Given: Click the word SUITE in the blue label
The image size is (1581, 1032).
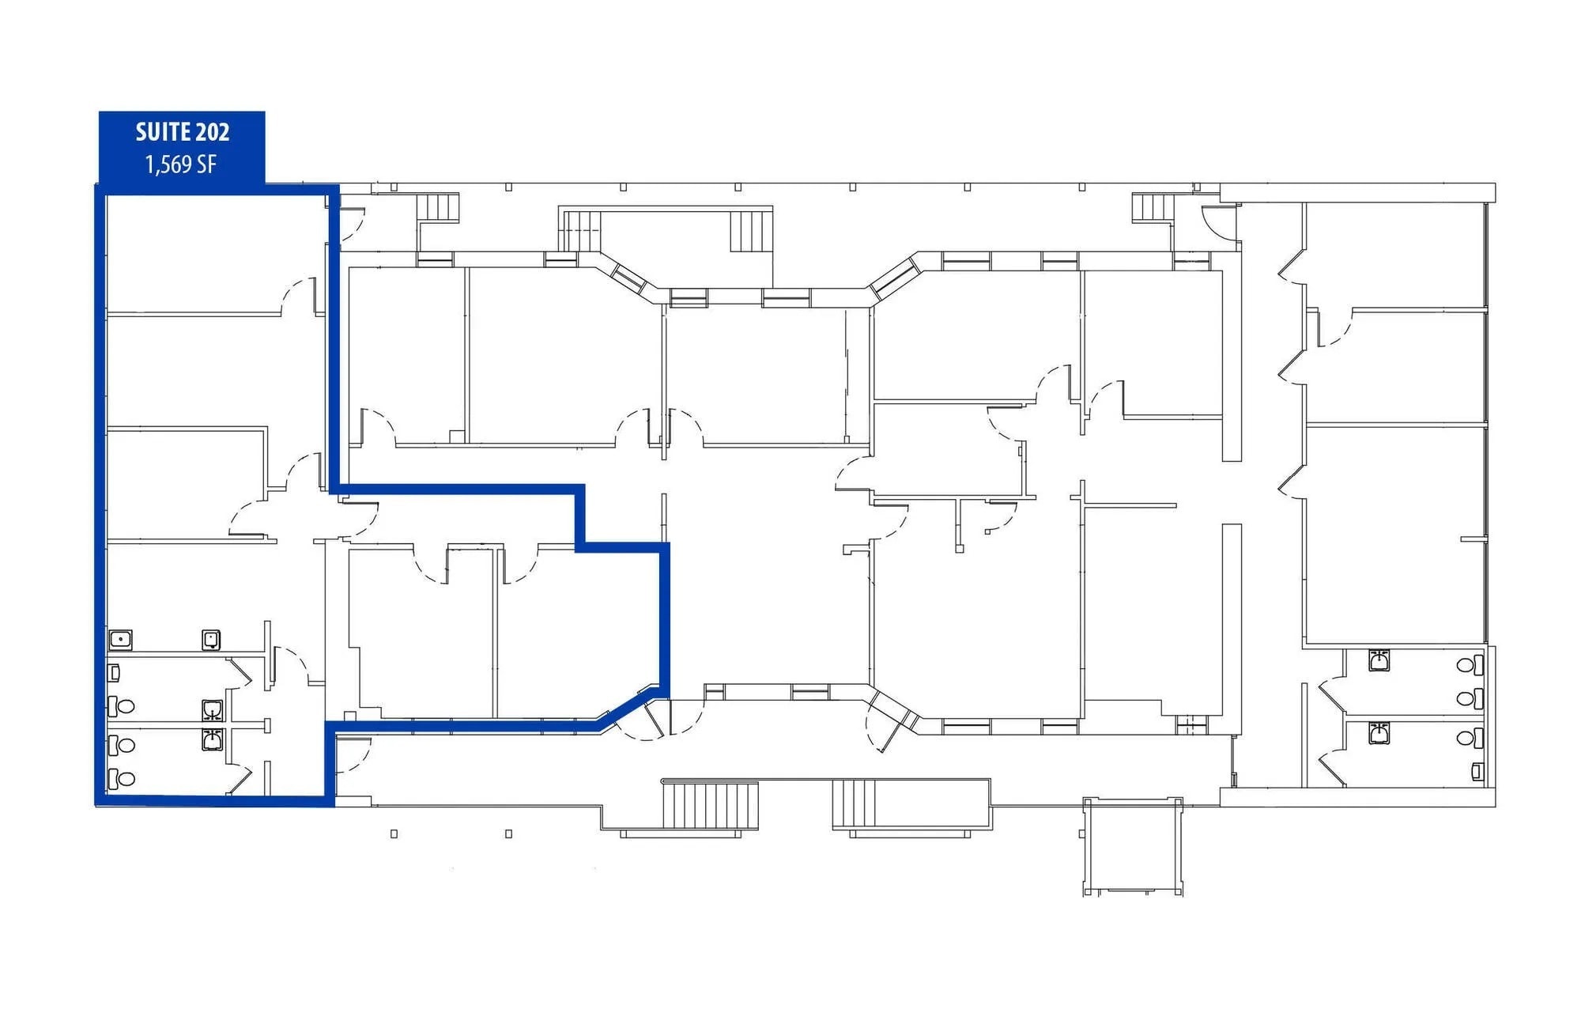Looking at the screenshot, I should click(163, 132).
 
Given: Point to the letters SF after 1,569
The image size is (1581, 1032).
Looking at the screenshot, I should click(206, 164).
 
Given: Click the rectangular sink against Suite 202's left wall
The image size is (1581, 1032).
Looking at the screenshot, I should click(120, 639).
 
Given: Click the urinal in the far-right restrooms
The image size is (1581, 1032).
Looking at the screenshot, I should click(1476, 770).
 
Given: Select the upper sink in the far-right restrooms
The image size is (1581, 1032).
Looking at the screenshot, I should click(1379, 660).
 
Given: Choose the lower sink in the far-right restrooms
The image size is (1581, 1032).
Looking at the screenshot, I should click(1379, 734).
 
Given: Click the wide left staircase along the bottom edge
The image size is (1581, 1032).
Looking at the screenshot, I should click(710, 805).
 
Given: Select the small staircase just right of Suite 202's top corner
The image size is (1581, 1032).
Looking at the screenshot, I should click(437, 207).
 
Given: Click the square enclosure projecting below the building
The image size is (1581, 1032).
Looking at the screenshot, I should click(1132, 845).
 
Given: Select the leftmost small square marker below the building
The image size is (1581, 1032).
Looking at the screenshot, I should click(394, 834).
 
